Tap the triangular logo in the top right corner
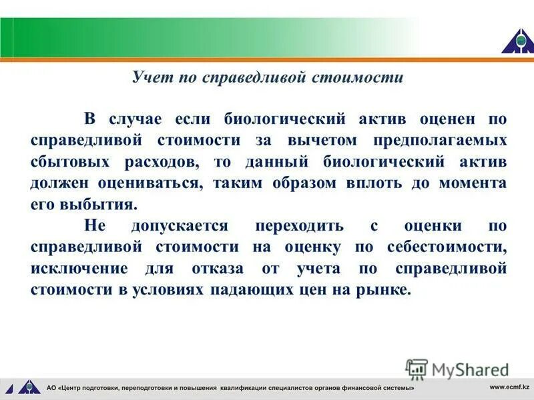517,41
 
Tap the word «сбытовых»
67,162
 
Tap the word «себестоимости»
446,247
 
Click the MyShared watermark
457,369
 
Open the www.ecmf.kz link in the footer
509,387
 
